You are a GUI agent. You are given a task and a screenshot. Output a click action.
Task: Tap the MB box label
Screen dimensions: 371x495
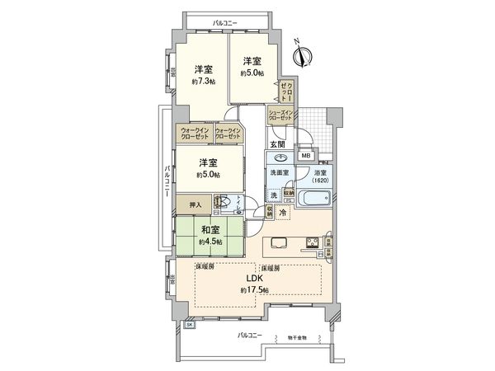[305, 156]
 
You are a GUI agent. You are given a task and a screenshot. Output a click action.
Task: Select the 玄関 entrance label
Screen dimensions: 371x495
[279, 145]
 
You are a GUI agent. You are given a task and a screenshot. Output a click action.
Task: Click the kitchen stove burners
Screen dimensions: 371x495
[314, 242]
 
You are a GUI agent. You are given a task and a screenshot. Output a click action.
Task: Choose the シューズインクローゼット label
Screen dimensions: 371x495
[280, 116]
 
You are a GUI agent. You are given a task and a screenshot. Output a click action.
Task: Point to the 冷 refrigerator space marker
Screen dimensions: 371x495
[283, 214]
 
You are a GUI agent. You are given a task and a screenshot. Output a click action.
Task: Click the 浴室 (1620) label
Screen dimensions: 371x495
[320, 176]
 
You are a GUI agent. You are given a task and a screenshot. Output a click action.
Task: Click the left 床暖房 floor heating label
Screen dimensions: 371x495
[205, 268]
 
